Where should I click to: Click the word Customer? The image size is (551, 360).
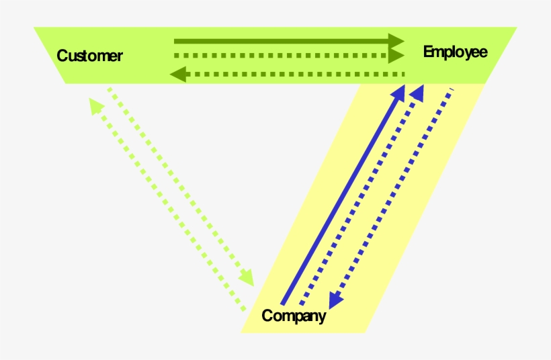point(89,56)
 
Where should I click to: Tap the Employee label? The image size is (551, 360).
point(455,52)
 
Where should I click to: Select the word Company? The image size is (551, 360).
point(294,316)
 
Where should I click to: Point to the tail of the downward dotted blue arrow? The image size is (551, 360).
point(452,89)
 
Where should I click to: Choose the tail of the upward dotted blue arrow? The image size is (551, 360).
point(300,306)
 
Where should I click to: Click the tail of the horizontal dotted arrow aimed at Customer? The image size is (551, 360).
point(405,73)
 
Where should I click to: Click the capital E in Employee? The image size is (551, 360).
point(428,52)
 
